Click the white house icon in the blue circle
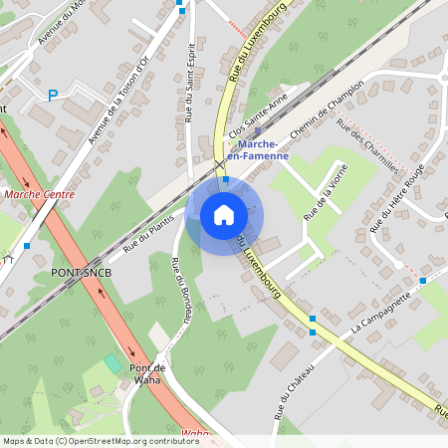coord(223,214)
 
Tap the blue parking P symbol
coord(53,95)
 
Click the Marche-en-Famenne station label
coord(257,149)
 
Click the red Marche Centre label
coord(39,194)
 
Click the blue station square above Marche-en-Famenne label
coord(258,130)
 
